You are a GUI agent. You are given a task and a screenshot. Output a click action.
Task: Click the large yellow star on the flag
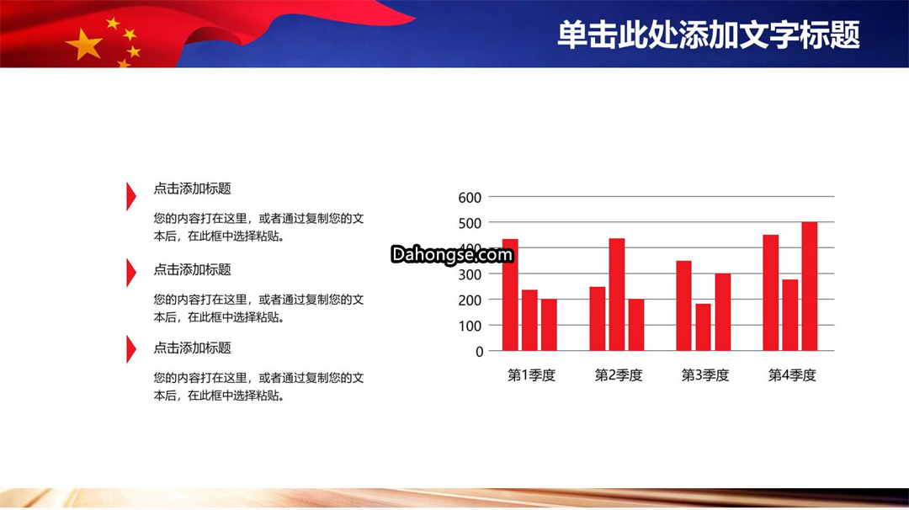tap(85, 45)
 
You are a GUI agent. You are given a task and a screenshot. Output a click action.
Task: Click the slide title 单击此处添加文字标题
tap(709, 35)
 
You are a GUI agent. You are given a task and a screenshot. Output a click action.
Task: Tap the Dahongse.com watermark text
tap(452, 254)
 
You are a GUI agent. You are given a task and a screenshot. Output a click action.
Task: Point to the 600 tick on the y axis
tap(470, 198)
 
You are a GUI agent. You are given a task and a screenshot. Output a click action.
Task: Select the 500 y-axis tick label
tap(470, 223)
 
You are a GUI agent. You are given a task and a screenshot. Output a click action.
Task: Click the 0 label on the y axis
tap(480, 352)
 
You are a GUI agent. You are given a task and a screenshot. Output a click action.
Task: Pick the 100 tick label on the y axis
tap(470, 327)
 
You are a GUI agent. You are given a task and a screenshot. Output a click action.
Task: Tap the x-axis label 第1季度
tap(532, 375)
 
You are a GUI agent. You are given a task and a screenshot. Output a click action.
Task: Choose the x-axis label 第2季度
tap(619, 375)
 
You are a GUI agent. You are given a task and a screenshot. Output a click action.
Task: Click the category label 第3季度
tap(705, 375)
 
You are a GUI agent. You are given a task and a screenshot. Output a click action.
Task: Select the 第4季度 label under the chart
tap(792, 375)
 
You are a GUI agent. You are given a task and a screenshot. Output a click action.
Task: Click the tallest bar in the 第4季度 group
tap(810, 286)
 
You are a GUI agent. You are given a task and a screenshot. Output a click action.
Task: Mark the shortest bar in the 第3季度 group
tap(703, 327)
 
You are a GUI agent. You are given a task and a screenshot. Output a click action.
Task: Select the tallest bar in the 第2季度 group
tap(617, 295)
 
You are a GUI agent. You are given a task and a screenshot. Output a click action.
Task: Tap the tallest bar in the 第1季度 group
tap(510, 295)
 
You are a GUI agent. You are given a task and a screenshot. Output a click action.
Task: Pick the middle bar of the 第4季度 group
tap(790, 316)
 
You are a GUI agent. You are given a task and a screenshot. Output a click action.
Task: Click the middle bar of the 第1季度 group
tap(530, 321)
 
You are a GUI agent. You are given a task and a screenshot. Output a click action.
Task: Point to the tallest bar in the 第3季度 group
tap(684, 305)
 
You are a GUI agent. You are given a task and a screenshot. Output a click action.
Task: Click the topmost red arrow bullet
tap(131, 196)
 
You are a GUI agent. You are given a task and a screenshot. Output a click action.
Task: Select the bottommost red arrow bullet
tap(131, 349)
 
